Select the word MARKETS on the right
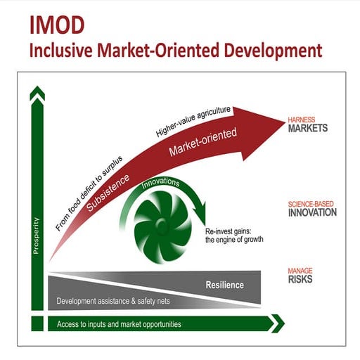308,129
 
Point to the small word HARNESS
301,120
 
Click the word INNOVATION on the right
311,212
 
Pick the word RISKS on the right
300,279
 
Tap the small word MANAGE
300,270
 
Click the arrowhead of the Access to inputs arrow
277,323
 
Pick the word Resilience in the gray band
224,285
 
